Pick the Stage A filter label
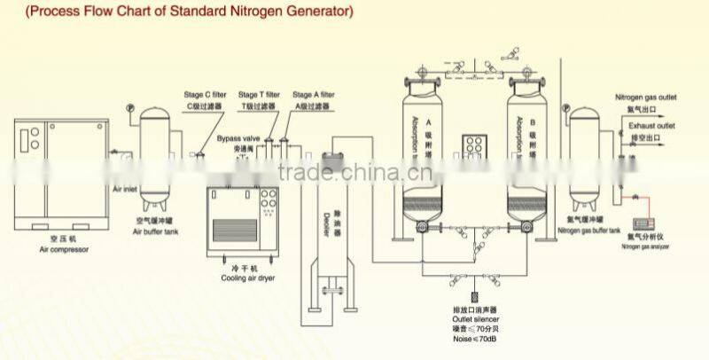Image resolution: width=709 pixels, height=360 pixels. click(x=314, y=95)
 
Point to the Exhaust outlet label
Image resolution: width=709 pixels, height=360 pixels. click(x=652, y=127)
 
